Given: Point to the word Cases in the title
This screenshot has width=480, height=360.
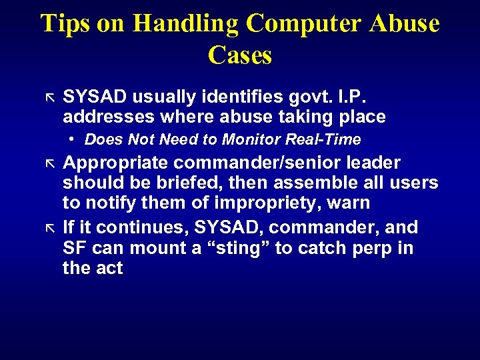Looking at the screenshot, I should coord(240,55).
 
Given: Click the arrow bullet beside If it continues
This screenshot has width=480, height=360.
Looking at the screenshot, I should coord(48,228).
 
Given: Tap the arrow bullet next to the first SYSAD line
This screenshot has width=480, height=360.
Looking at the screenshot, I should coord(48,98).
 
